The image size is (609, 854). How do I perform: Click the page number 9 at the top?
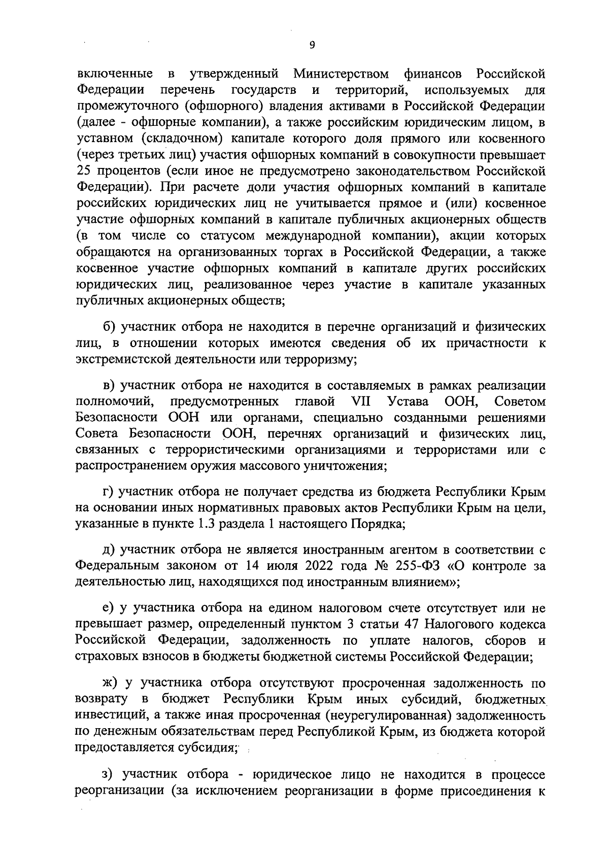coord(312,45)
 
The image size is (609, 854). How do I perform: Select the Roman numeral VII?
coord(361,402)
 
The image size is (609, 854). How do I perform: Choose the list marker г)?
coord(108,492)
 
